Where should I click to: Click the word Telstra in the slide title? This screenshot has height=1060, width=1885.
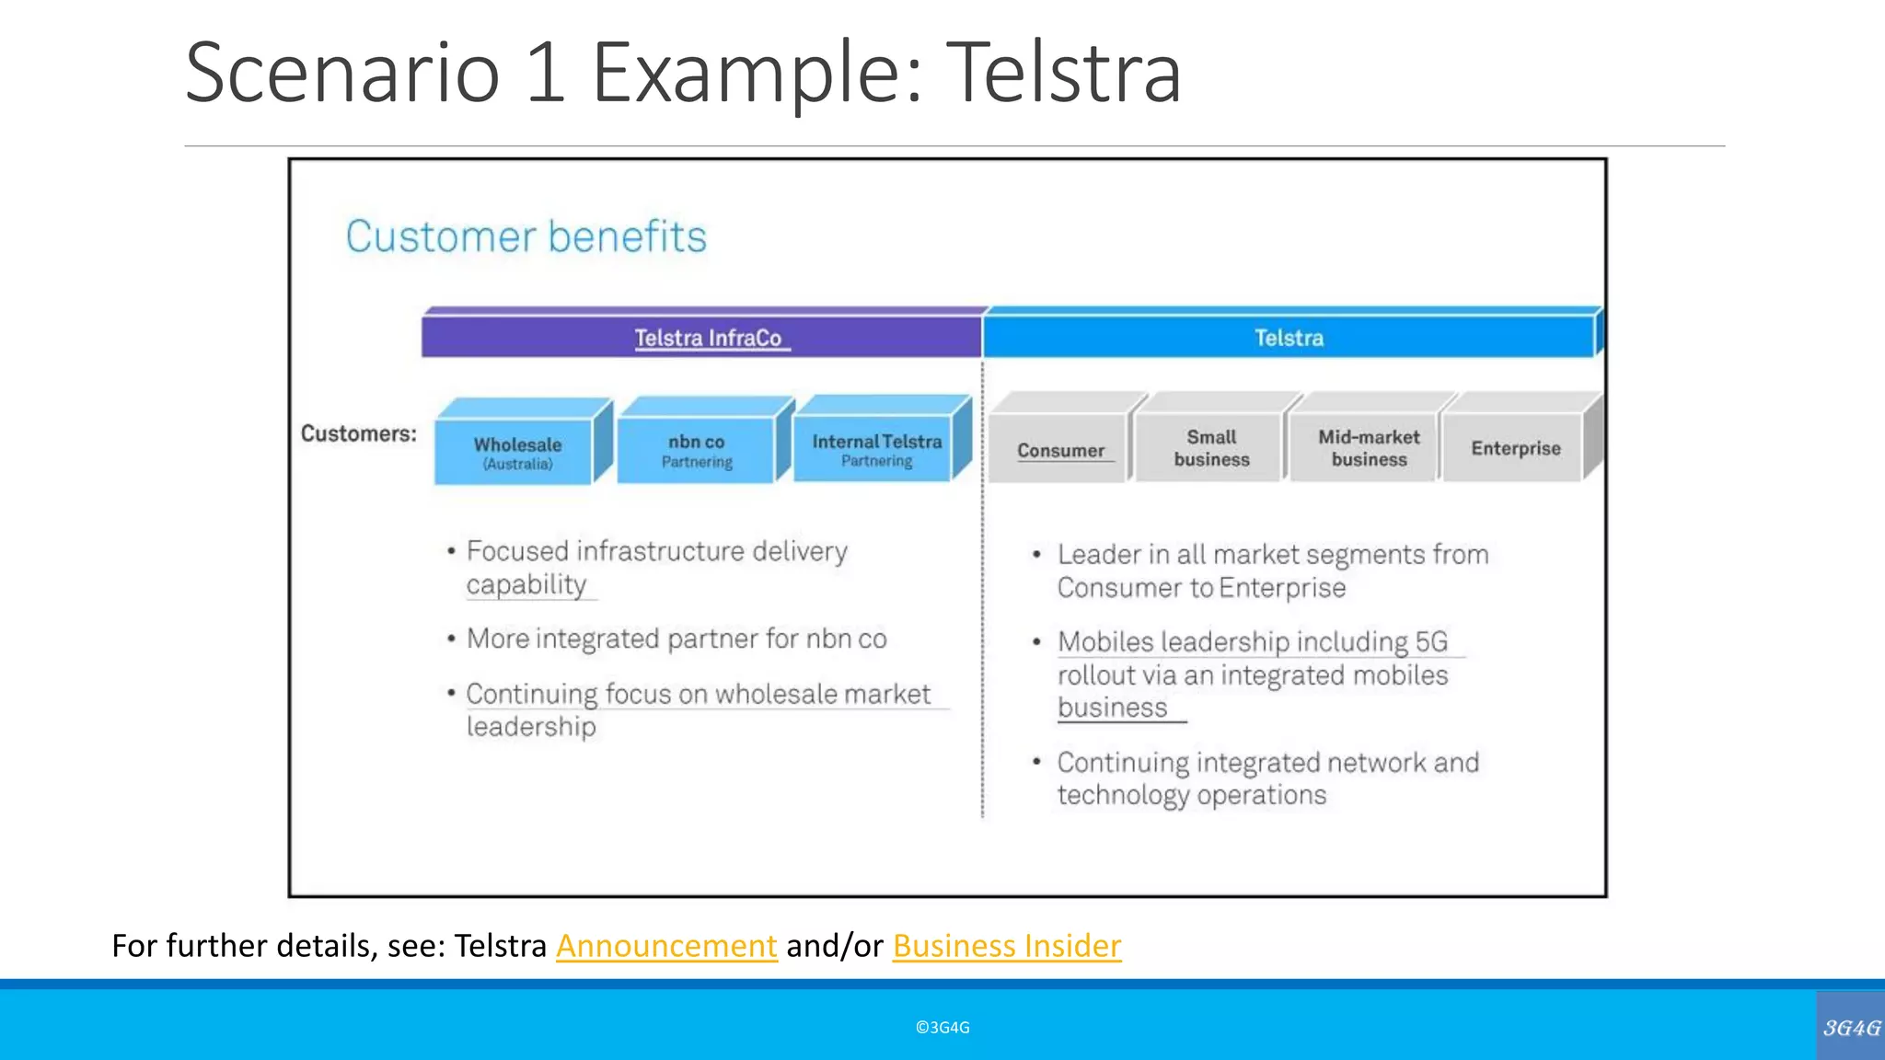tap(1063, 74)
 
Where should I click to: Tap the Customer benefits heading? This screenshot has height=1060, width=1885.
tap(526, 236)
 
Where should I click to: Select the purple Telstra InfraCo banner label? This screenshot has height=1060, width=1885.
tap(708, 338)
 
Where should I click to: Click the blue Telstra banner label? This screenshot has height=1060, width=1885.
tap(1289, 338)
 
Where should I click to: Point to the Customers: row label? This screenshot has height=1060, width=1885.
tap(358, 433)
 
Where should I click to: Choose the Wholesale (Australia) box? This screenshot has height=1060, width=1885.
tap(516, 452)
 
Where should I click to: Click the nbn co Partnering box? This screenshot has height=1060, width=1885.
tap(697, 450)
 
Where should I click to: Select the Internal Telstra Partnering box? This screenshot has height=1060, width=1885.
tap(876, 449)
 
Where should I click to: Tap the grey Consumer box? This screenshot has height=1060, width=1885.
tap(1060, 450)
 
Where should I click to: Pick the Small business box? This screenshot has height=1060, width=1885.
tap(1211, 448)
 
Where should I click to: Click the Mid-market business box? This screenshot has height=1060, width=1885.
tap(1369, 448)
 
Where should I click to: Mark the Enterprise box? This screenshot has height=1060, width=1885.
tap(1515, 448)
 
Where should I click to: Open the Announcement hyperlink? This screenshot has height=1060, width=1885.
tap(666, 946)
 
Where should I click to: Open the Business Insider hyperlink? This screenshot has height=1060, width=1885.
tap(1007, 946)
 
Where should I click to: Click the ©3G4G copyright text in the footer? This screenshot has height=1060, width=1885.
tap(942, 1028)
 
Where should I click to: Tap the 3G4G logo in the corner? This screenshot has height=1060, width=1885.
tap(1851, 1028)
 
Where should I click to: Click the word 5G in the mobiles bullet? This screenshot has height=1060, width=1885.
tap(1431, 641)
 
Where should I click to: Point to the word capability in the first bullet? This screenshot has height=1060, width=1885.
tap(526, 585)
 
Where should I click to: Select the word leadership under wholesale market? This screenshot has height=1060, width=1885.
tap(531, 727)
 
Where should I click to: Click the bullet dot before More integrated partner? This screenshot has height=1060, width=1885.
tap(451, 639)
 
